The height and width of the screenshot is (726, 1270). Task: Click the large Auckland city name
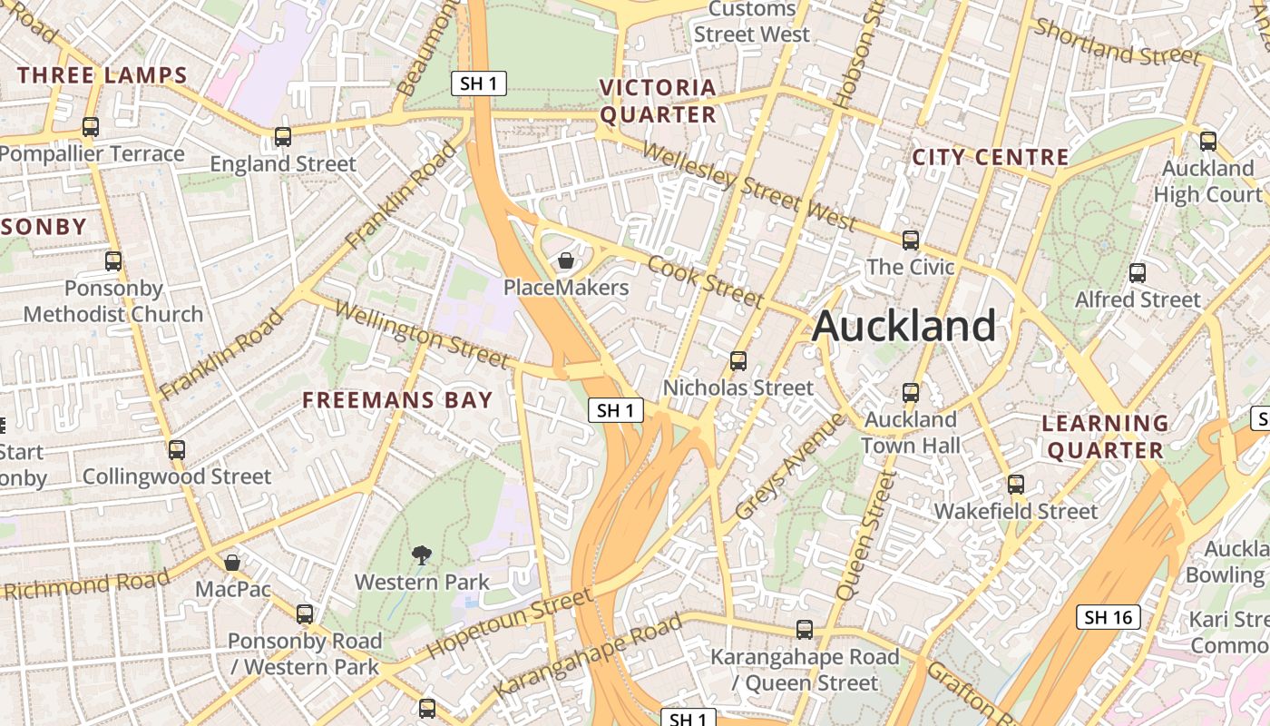[904, 326]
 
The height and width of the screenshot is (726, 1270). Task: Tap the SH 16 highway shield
[1109, 618]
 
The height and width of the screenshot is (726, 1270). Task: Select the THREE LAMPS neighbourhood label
[102, 75]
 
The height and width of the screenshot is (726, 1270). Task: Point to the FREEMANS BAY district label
[397, 399]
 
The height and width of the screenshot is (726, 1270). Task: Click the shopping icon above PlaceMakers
[566, 261]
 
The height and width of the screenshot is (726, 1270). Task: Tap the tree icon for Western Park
[421, 555]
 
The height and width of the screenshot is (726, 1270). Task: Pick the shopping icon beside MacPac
[232, 563]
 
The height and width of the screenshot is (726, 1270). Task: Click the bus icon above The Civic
[911, 240]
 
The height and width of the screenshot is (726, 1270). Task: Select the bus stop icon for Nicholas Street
[738, 361]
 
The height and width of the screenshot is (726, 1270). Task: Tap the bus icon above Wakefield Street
[1016, 485]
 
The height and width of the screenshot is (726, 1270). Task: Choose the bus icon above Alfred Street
[1138, 273]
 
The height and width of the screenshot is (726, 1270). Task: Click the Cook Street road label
[706, 282]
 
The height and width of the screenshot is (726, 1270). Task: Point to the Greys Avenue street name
[789, 468]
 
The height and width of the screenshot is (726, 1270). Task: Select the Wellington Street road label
[421, 335]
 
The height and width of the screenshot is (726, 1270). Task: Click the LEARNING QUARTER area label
[1105, 437]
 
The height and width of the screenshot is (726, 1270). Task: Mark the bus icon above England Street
[283, 137]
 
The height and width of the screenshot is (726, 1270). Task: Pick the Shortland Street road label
[1118, 43]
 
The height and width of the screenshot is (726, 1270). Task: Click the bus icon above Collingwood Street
[177, 450]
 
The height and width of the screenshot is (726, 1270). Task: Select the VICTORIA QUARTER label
[658, 101]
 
